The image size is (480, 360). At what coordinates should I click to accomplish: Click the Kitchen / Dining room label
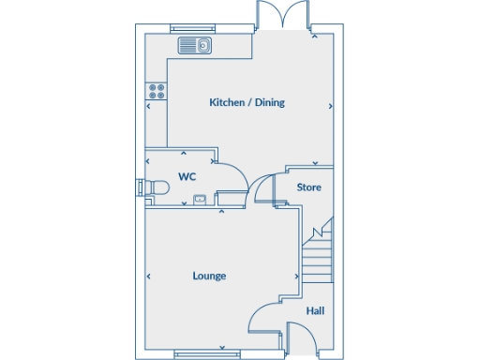[x=247, y=102]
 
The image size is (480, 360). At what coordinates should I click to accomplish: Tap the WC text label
[x=187, y=176]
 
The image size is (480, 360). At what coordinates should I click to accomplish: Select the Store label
[x=308, y=187]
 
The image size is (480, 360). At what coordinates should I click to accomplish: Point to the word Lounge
[x=209, y=276]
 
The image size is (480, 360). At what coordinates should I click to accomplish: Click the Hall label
[x=315, y=310]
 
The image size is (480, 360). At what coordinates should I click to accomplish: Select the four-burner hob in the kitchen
[x=156, y=91]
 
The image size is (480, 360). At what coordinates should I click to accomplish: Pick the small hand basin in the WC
[x=200, y=199]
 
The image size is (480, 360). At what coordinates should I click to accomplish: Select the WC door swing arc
[x=232, y=174]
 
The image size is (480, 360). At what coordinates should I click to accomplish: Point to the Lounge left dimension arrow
[x=149, y=277]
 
